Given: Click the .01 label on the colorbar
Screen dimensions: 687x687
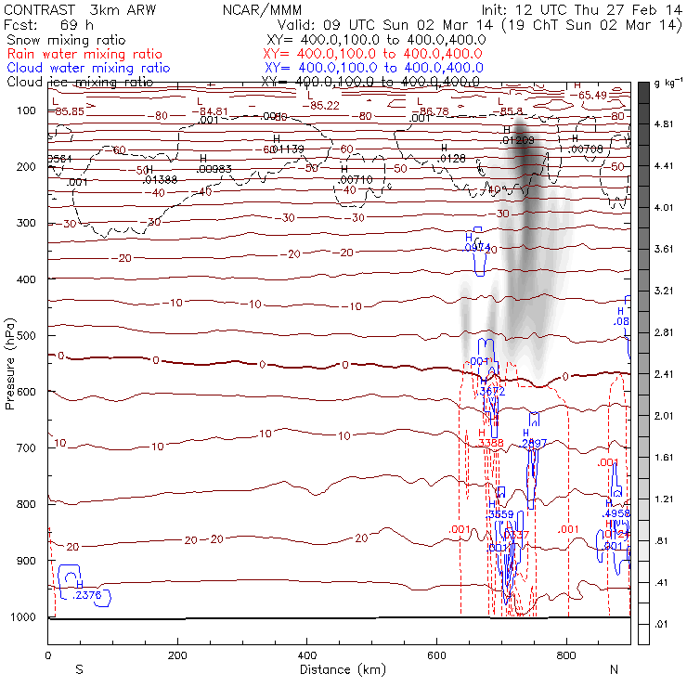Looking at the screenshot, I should click(663, 625).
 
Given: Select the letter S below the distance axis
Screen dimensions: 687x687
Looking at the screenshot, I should click(80, 669).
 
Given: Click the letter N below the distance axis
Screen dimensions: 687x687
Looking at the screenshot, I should click(613, 669).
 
